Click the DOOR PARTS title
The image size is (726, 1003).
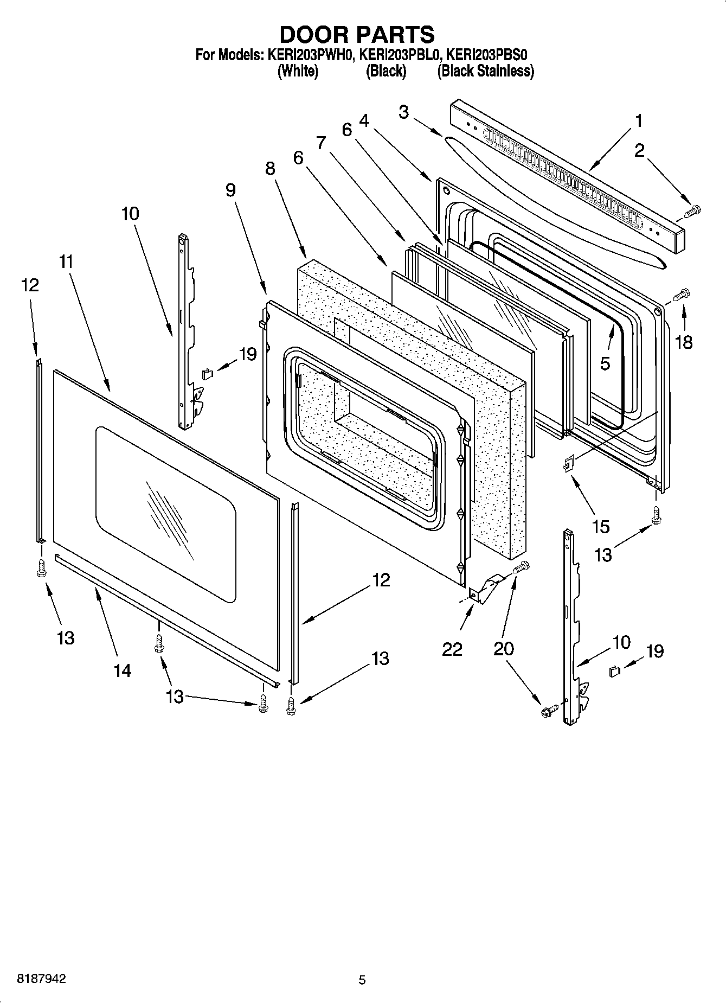357,34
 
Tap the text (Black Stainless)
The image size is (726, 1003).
485,71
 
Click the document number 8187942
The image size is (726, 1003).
42,979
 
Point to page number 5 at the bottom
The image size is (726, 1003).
362,980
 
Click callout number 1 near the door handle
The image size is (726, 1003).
639,120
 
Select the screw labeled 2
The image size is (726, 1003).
692,211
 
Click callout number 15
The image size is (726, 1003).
601,526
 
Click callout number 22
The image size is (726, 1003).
452,649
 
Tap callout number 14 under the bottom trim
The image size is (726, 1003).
123,670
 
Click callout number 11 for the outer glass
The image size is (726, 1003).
66,262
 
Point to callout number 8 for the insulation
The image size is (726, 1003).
270,169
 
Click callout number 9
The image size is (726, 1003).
230,190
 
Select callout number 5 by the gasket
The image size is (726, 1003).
605,363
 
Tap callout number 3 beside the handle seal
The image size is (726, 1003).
403,112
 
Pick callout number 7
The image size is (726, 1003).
321,143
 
